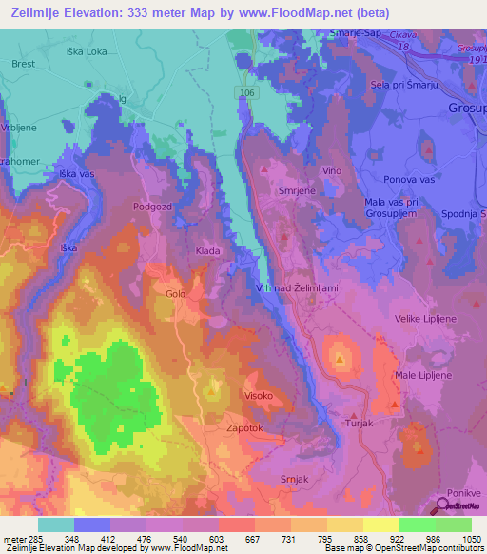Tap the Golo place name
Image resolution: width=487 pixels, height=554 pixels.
click(175, 294)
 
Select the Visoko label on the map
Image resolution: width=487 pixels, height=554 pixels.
click(259, 395)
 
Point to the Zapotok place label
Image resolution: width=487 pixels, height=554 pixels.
click(243, 428)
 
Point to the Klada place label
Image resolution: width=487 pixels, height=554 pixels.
click(208, 250)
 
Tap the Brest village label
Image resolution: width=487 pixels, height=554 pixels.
click(23, 64)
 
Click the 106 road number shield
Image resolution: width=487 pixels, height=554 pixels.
click(246, 91)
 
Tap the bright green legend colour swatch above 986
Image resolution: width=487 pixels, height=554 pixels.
click(418, 524)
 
